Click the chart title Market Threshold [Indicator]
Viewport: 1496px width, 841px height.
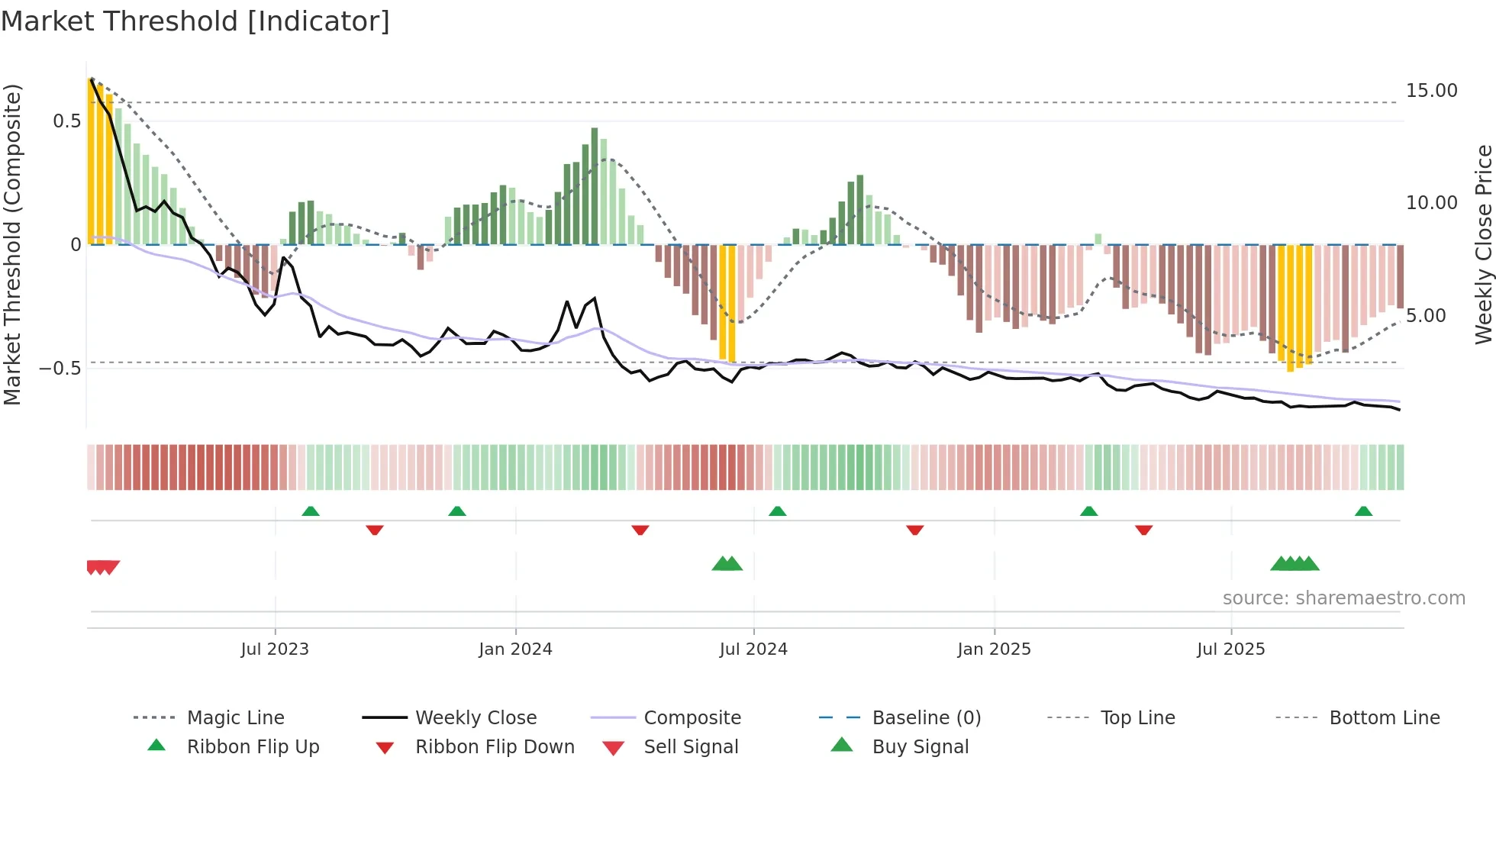coord(195,21)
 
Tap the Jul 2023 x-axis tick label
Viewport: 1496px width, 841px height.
coord(275,649)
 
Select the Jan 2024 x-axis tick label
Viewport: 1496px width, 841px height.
coord(515,649)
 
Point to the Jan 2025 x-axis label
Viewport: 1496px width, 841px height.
coord(994,649)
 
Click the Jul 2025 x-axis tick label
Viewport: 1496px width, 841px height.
coord(1230,649)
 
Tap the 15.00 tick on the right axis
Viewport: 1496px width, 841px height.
coord(1431,91)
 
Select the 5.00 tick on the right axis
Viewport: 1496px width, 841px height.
coord(1426,316)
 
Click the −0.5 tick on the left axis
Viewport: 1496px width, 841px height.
coord(60,369)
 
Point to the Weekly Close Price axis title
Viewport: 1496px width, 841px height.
coord(1483,244)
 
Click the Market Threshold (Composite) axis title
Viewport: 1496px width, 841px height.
coord(12,244)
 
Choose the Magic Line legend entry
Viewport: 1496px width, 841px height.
coord(235,718)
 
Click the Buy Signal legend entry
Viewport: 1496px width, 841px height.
coord(920,747)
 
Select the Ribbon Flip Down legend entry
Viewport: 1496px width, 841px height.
coord(494,747)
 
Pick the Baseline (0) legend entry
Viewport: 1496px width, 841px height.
coord(926,718)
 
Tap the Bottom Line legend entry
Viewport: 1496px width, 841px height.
coord(1384,718)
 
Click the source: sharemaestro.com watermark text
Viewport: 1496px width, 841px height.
coord(1343,598)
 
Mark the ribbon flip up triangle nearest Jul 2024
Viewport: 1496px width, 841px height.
coord(777,511)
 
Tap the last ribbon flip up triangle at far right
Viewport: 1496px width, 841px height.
coord(1363,511)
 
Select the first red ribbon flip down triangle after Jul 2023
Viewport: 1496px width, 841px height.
coord(374,530)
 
